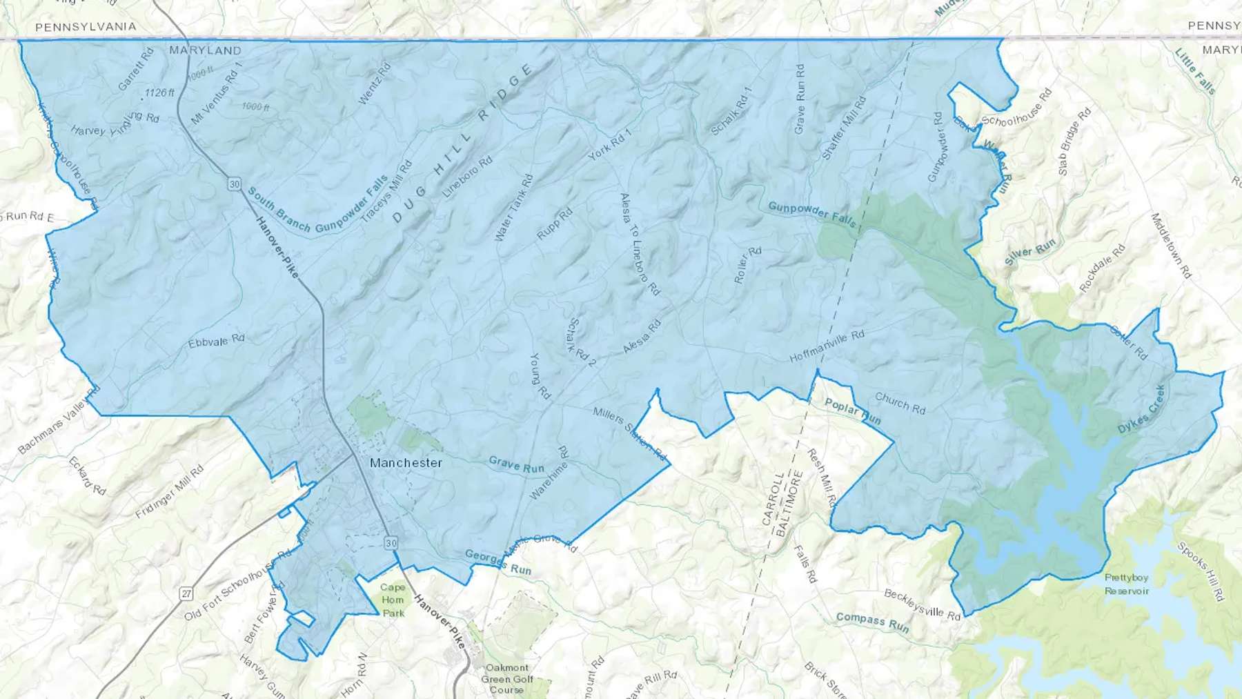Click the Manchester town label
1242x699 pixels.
coord(406,463)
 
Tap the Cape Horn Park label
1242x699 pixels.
coord(393,600)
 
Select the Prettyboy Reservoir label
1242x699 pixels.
coord(1126,584)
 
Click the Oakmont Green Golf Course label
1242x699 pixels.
coord(507,678)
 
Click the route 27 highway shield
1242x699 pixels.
coord(186,593)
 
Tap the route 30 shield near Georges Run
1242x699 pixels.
coord(391,543)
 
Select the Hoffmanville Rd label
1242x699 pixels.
coord(827,346)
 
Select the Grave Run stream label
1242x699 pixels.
coord(516,464)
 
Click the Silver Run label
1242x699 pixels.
coord(1030,252)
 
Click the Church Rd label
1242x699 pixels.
coord(900,403)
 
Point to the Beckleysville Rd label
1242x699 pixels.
coord(922,604)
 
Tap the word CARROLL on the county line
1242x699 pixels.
coord(773,498)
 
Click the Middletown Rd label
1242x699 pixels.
coord(1171,245)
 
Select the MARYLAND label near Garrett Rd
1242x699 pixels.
coord(206,50)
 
